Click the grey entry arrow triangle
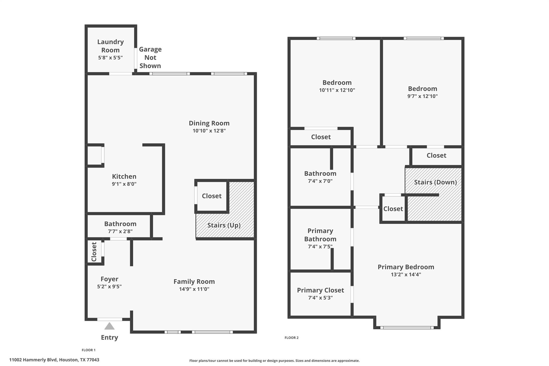coord(109,326)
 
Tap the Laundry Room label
coord(110,46)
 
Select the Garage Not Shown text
coord(150,57)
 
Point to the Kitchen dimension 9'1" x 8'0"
coord(124,184)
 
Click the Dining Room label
coord(209,123)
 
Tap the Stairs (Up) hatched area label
coord(224,225)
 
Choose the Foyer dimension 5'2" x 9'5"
coord(109,286)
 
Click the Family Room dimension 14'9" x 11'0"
coord(194,289)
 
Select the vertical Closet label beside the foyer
coord(94,252)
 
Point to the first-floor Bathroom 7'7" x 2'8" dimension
coord(120,231)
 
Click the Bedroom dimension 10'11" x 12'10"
coord(337,90)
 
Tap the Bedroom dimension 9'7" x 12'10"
coord(422,96)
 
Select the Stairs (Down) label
coord(435,182)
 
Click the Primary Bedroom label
coord(406,267)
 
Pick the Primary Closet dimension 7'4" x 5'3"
coord(320,298)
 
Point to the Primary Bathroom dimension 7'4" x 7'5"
coord(320,246)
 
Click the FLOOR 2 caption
coord(291,338)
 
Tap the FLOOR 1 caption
coord(88,350)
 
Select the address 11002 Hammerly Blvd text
coord(54,360)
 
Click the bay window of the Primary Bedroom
coord(407,327)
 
